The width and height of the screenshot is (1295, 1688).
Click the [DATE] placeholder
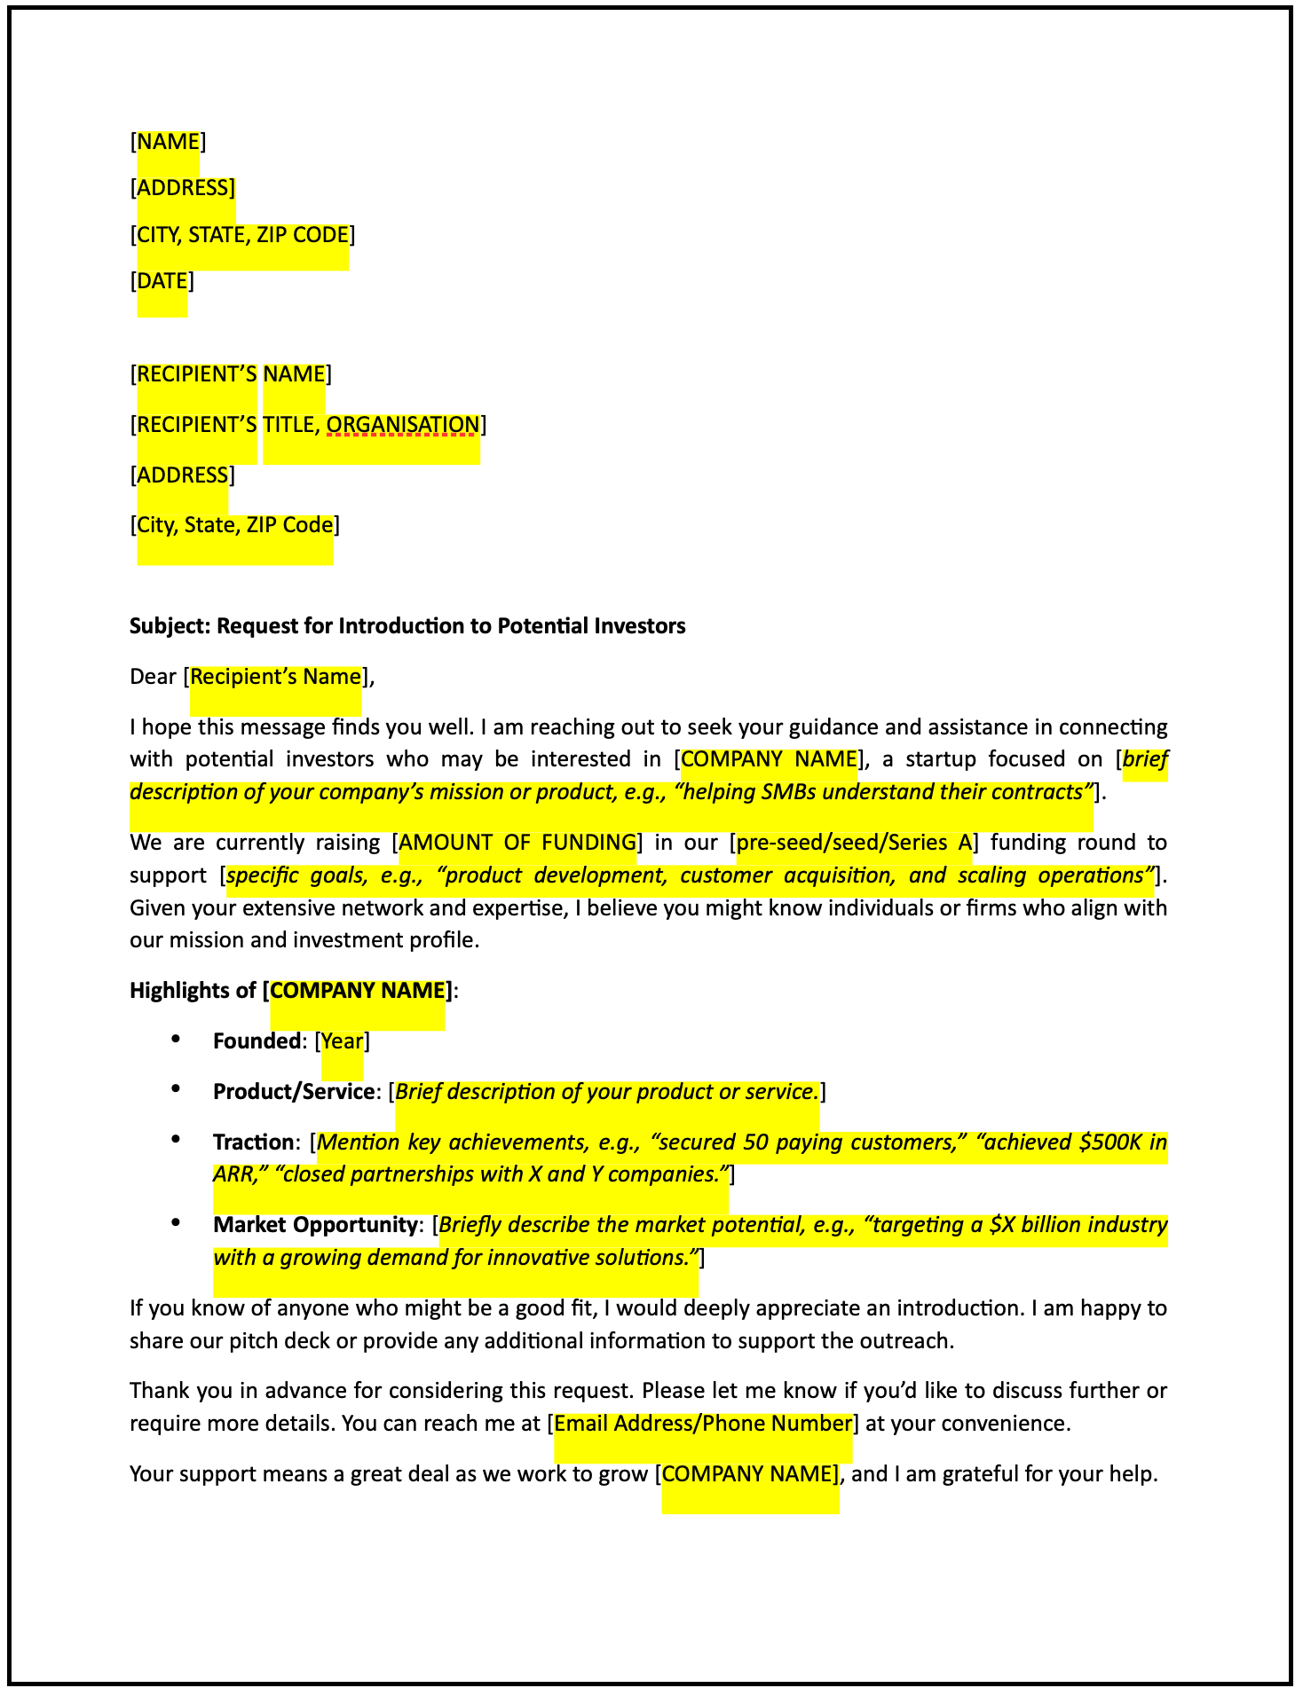tap(162, 281)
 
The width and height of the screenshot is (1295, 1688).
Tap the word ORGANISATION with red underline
tap(403, 425)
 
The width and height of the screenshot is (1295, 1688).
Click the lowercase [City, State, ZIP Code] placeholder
tap(235, 525)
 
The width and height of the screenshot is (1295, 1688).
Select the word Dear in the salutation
tap(153, 677)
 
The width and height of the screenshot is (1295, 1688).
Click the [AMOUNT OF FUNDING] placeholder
tap(518, 842)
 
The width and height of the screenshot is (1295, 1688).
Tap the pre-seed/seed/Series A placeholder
tap(854, 842)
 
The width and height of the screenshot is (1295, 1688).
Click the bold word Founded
tap(257, 1041)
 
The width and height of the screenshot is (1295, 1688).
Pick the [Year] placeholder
tap(342, 1041)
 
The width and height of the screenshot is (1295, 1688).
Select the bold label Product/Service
tap(293, 1092)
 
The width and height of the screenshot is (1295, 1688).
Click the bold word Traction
tap(252, 1142)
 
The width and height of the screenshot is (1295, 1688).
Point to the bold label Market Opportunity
tap(314, 1225)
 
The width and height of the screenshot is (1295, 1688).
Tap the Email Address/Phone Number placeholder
tap(703, 1424)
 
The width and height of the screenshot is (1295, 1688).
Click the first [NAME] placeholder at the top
tap(169, 142)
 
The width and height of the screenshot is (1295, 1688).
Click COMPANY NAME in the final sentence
tap(749, 1474)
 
